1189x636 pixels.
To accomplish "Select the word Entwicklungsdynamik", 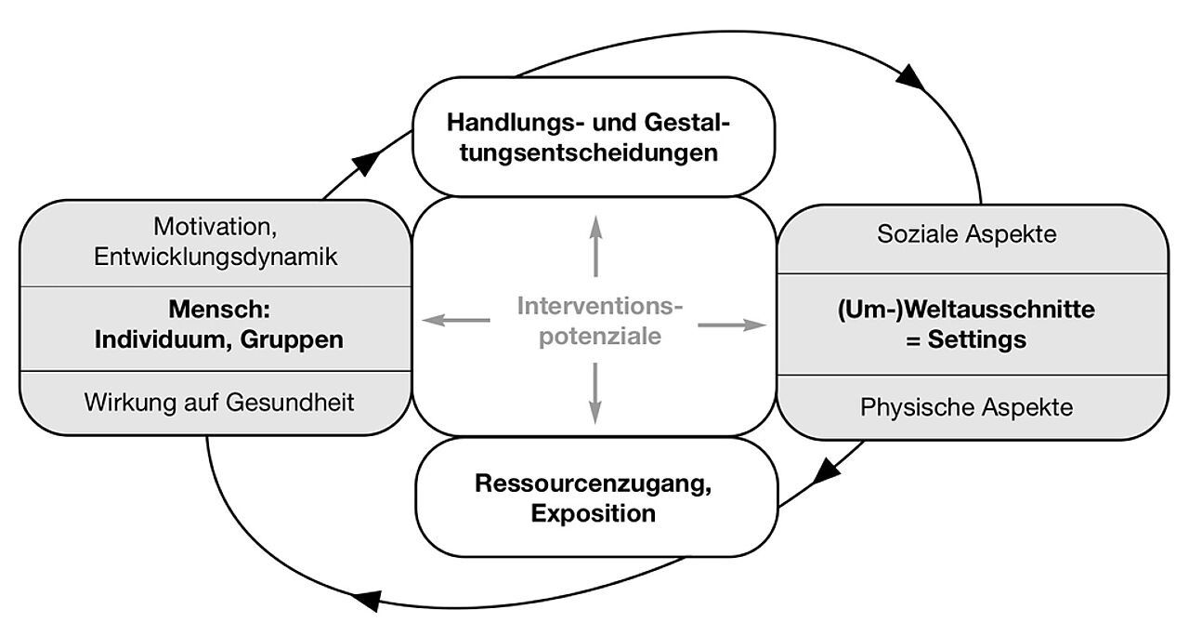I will click(215, 257).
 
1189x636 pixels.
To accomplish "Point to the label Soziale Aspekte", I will click(966, 234).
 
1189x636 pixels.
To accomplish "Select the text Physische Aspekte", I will click(966, 407).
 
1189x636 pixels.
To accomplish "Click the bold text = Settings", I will click(966, 340).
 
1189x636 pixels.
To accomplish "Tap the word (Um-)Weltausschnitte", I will click(966, 310).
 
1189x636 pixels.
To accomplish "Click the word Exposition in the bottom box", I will click(594, 513).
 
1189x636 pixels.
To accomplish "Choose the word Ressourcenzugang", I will click(594, 484).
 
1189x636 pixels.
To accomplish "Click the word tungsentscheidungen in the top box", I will click(594, 152).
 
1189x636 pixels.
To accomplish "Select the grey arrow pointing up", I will click(594, 244).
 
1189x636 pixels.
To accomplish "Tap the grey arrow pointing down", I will click(594, 395).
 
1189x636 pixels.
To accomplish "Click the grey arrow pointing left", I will click(455, 321).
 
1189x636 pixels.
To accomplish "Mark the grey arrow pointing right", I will click(734, 325).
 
